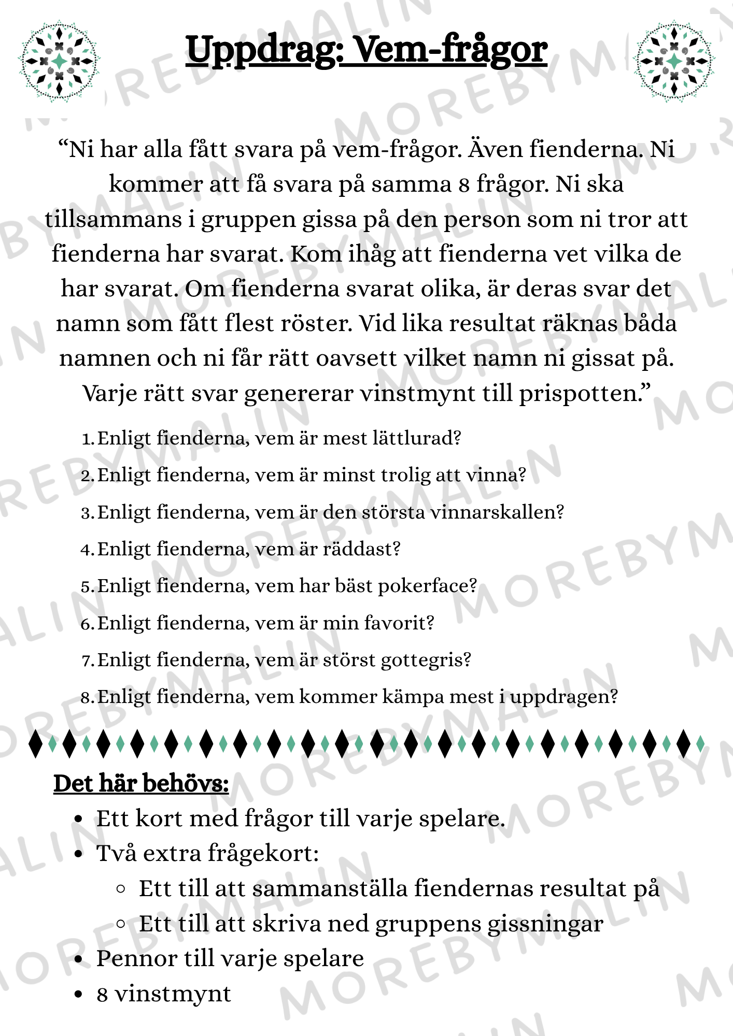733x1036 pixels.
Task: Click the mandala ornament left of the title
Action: click(59, 61)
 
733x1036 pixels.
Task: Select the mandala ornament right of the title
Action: click(674, 61)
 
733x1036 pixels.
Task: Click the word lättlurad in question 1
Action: click(419, 438)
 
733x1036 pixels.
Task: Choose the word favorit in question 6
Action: click(399, 623)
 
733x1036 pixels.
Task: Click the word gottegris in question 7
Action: click(426, 660)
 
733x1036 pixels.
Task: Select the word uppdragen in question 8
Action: click(564, 697)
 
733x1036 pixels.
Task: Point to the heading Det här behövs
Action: click(141, 783)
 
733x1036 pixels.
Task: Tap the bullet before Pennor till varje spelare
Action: click(79, 959)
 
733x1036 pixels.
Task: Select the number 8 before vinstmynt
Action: click(102, 995)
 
